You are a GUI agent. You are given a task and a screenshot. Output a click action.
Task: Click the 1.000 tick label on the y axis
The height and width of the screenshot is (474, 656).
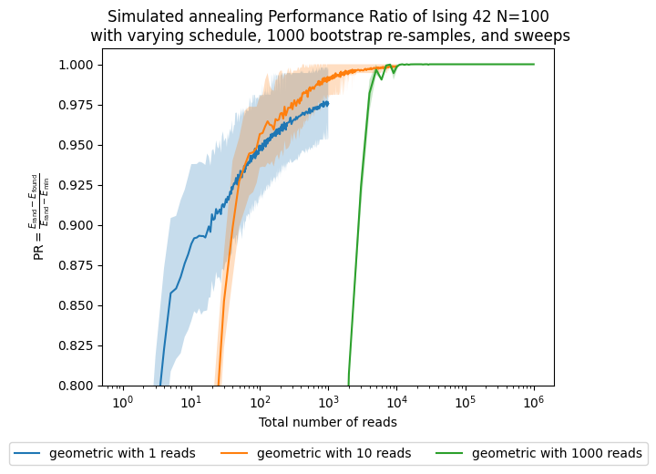[x=77, y=65]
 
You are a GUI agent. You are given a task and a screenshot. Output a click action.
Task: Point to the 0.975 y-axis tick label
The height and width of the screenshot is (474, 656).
[x=77, y=105]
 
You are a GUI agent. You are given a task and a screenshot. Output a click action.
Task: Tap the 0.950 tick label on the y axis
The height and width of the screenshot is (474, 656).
[x=77, y=145]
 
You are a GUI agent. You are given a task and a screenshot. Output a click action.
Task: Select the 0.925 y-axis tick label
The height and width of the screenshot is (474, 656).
[x=77, y=185]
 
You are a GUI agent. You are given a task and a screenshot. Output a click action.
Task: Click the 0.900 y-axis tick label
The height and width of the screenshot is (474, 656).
[x=77, y=225]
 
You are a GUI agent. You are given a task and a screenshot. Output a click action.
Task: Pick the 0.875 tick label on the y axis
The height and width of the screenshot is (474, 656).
[x=77, y=265]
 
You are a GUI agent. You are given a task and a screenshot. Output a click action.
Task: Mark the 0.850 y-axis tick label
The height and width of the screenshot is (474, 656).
[x=77, y=305]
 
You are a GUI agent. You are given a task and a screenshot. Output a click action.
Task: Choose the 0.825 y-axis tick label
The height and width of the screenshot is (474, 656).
[x=77, y=345]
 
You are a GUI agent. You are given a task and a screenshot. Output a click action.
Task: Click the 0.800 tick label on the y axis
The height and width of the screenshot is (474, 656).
[x=77, y=386]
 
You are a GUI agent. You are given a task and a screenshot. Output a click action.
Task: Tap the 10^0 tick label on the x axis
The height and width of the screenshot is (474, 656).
[x=123, y=402]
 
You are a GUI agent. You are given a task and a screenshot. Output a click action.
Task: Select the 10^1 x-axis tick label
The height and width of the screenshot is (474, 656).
[x=191, y=402]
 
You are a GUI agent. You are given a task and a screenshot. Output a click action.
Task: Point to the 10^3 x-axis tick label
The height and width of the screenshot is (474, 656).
[x=328, y=402]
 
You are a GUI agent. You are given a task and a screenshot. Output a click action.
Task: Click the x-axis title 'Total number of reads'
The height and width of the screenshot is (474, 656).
[x=327, y=422]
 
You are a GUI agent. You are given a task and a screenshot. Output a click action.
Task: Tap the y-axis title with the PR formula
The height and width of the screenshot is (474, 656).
[x=40, y=217]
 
